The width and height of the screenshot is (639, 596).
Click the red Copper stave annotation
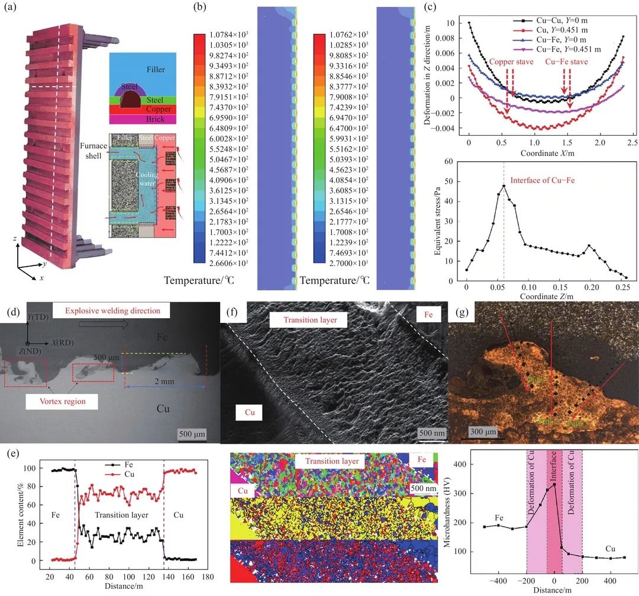[x=511, y=61]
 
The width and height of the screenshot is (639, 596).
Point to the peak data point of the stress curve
[x=504, y=186]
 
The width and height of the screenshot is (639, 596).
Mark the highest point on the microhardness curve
[x=554, y=485]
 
